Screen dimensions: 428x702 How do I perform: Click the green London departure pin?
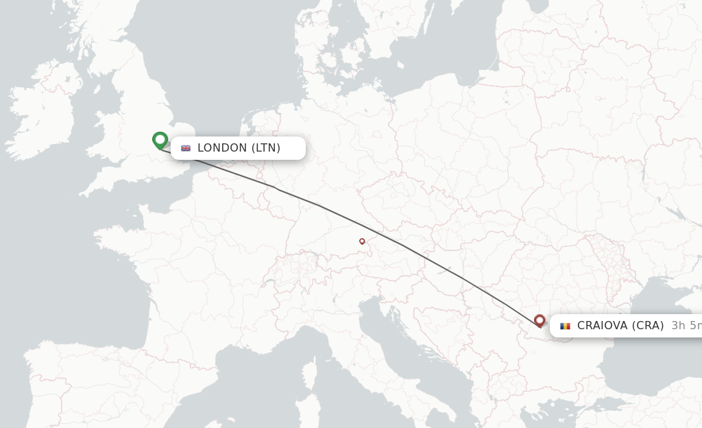[160, 140]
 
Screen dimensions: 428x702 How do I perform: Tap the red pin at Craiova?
[540, 320]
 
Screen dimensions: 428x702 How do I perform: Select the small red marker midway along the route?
[362, 241]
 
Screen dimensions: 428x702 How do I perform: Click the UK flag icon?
[186, 148]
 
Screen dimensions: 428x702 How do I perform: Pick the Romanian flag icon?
[565, 326]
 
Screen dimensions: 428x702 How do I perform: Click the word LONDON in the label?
[222, 148]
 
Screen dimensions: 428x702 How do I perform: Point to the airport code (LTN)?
[266, 148]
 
